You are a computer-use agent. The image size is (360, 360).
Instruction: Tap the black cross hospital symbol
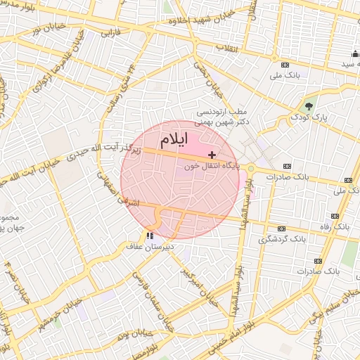click(212, 154)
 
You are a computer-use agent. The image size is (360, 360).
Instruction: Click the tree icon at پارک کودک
click(309, 105)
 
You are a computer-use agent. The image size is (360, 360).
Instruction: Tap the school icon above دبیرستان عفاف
click(149, 236)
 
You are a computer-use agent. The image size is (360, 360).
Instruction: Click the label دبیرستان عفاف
click(149, 247)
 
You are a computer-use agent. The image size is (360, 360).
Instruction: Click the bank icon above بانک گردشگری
click(281, 229)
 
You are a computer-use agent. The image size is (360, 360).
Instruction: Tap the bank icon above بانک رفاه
click(335, 217)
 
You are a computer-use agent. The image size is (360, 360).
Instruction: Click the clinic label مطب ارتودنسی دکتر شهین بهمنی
click(223, 117)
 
